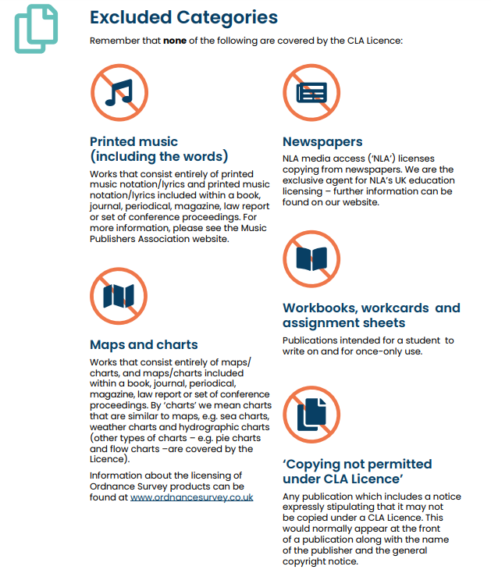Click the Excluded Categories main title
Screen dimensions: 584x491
pos(183,16)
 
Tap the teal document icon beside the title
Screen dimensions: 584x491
pos(35,28)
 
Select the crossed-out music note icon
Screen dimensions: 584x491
pos(119,93)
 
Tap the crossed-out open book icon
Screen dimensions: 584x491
pos(311,259)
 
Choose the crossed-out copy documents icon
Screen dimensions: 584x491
pos(311,415)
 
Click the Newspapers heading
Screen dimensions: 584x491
pos(322,142)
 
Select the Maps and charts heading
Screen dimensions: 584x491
pos(144,344)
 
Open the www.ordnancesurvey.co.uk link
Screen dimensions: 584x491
pos(192,497)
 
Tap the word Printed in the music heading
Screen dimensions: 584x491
pos(113,142)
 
